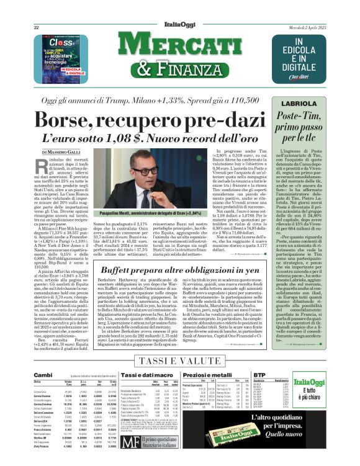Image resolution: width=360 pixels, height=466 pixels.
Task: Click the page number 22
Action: tap(37, 28)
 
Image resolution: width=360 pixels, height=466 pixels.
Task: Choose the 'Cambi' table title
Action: tap(43, 375)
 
